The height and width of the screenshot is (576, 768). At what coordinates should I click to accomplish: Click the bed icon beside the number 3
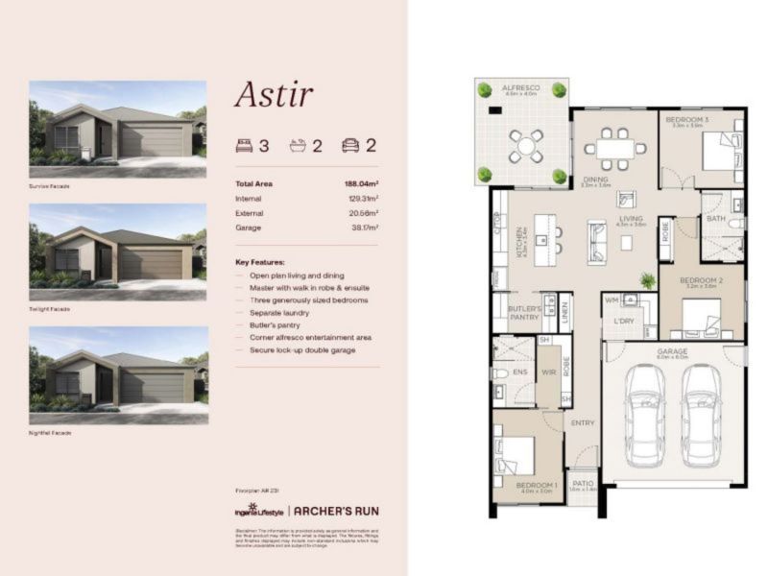pos(244,147)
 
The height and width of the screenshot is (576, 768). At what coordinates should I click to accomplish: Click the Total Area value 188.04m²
pos(361,183)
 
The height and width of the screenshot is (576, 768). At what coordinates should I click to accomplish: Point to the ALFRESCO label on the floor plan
pos(521,88)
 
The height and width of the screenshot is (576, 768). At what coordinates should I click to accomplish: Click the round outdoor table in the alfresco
pos(526,145)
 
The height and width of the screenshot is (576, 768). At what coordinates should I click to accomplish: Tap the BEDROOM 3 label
pos(686,119)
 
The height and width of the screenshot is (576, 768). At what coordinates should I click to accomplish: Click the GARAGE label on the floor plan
pos(672,351)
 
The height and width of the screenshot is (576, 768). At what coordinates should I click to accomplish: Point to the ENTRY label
pos(582,421)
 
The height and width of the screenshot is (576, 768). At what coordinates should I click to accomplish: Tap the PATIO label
pos(583,484)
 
